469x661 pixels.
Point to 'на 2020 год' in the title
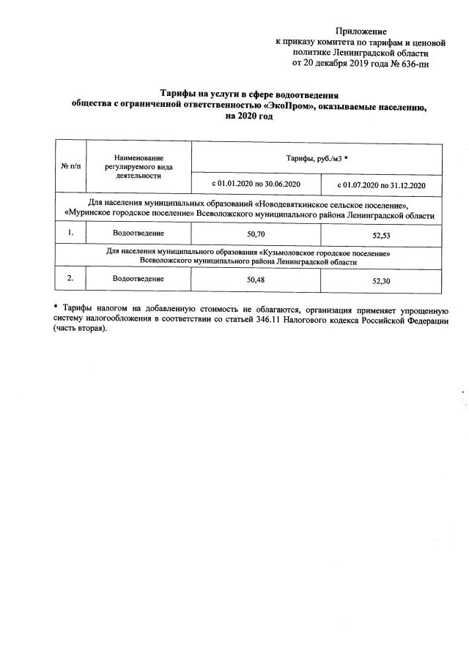point(248,116)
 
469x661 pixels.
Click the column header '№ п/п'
point(71,167)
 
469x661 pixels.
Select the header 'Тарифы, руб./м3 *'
point(316,158)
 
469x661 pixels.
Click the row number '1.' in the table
point(71,233)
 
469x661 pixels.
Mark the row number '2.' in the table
point(71,278)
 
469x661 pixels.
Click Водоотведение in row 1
point(139,233)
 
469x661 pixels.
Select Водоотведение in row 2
point(139,278)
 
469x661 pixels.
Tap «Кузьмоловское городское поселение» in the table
point(324,253)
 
